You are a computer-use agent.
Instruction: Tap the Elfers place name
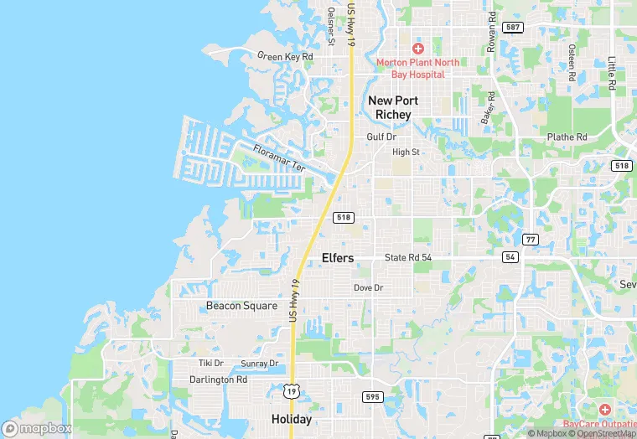click(338, 258)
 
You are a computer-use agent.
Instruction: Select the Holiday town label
click(292, 419)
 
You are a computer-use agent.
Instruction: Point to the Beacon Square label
click(241, 306)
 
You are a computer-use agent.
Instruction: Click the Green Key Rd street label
click(285, 57)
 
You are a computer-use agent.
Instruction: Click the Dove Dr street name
click(368, 287)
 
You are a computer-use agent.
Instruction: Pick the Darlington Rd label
click(218, 380)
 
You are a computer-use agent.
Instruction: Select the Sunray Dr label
click(259, 364)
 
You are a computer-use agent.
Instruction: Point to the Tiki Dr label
click(211, 363)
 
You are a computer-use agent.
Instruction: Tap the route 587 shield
click(513, 28)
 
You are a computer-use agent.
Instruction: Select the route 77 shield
click(530, 240)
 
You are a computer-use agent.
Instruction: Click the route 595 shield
click(372, 396)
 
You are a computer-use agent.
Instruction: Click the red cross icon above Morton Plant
click(418, 49)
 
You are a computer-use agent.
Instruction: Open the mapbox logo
click(37, 428)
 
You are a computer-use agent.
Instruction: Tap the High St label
click(406, 152)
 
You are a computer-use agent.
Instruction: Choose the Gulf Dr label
click(381, 137)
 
